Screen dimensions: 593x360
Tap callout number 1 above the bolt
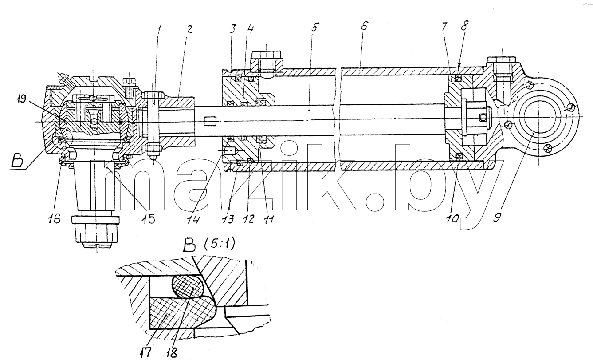pyautogui.click(x=159, y=30)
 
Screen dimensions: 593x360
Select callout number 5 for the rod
pyautogui.click(x=314, y=27)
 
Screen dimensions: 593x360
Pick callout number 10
pyautogui.click(x=453, y=218)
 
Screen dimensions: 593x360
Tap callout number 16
pyautogui.click(x=54, y=218)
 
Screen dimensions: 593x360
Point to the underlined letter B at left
pyautogui.click(x=16, y=161)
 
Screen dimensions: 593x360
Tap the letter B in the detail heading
pyautogui.click(x=189, y=245)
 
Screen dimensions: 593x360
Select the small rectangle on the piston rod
pyautogui.click(x=211, y=122)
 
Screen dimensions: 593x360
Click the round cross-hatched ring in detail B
pyautogui.click(x=188, y=287)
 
